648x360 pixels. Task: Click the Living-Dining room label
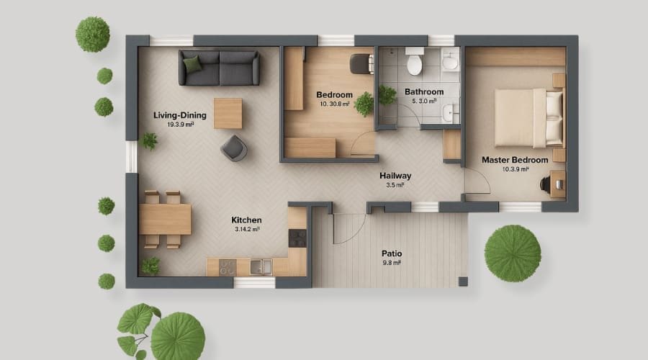pyautogui.click(x=180, y=115)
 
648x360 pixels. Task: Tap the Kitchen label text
pyautogui.click(x=246, y=220)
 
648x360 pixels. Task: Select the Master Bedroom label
pyautogui.click(x=515, y=160)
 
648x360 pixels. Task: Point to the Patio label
pyautogui.click(x=392, y=253)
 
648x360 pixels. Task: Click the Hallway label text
pyautogui.click(x=395, y=175)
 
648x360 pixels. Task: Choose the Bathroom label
pyautogui.click(x=424, y=92)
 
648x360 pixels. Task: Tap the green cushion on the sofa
pyautogui.click(x=192, y=65)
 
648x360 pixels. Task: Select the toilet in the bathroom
pyautogui.click(x=414, y=63)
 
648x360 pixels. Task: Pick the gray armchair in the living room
pyautogui.click(x=235, y=148)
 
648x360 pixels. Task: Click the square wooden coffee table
pyautogui.click(x=228, y=113)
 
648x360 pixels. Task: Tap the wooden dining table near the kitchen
pyautogui.click(x=166, y=219)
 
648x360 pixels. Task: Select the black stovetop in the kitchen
pyautogui.click(x=297, y=237)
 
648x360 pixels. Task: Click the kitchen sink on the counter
pyautogui.click(x=261, y=266)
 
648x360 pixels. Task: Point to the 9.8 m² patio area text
pyautogui.click(x=392, y=264)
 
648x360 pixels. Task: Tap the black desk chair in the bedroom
pyautogui.click(x=359, y=63)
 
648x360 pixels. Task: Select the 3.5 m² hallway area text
pyautogui.click(x=395, y=185)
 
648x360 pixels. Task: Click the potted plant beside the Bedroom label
pyautogui.click(x=364, y=103)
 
